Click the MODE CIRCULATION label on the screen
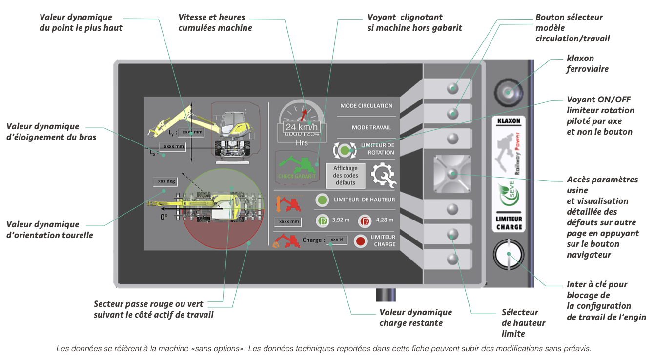(366, 106)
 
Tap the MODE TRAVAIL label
(371, 127)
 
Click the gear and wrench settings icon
(384, 176)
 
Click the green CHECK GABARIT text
(297, 176)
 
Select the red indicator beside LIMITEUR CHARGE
(361, 240)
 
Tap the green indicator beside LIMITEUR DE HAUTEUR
(322, 200)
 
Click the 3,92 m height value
(340, 220)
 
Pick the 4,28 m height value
(384, 220)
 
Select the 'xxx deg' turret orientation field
(163, 181)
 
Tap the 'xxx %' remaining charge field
(336, 240)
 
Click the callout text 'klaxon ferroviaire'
(587, 64)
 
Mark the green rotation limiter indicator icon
(345, 150)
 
